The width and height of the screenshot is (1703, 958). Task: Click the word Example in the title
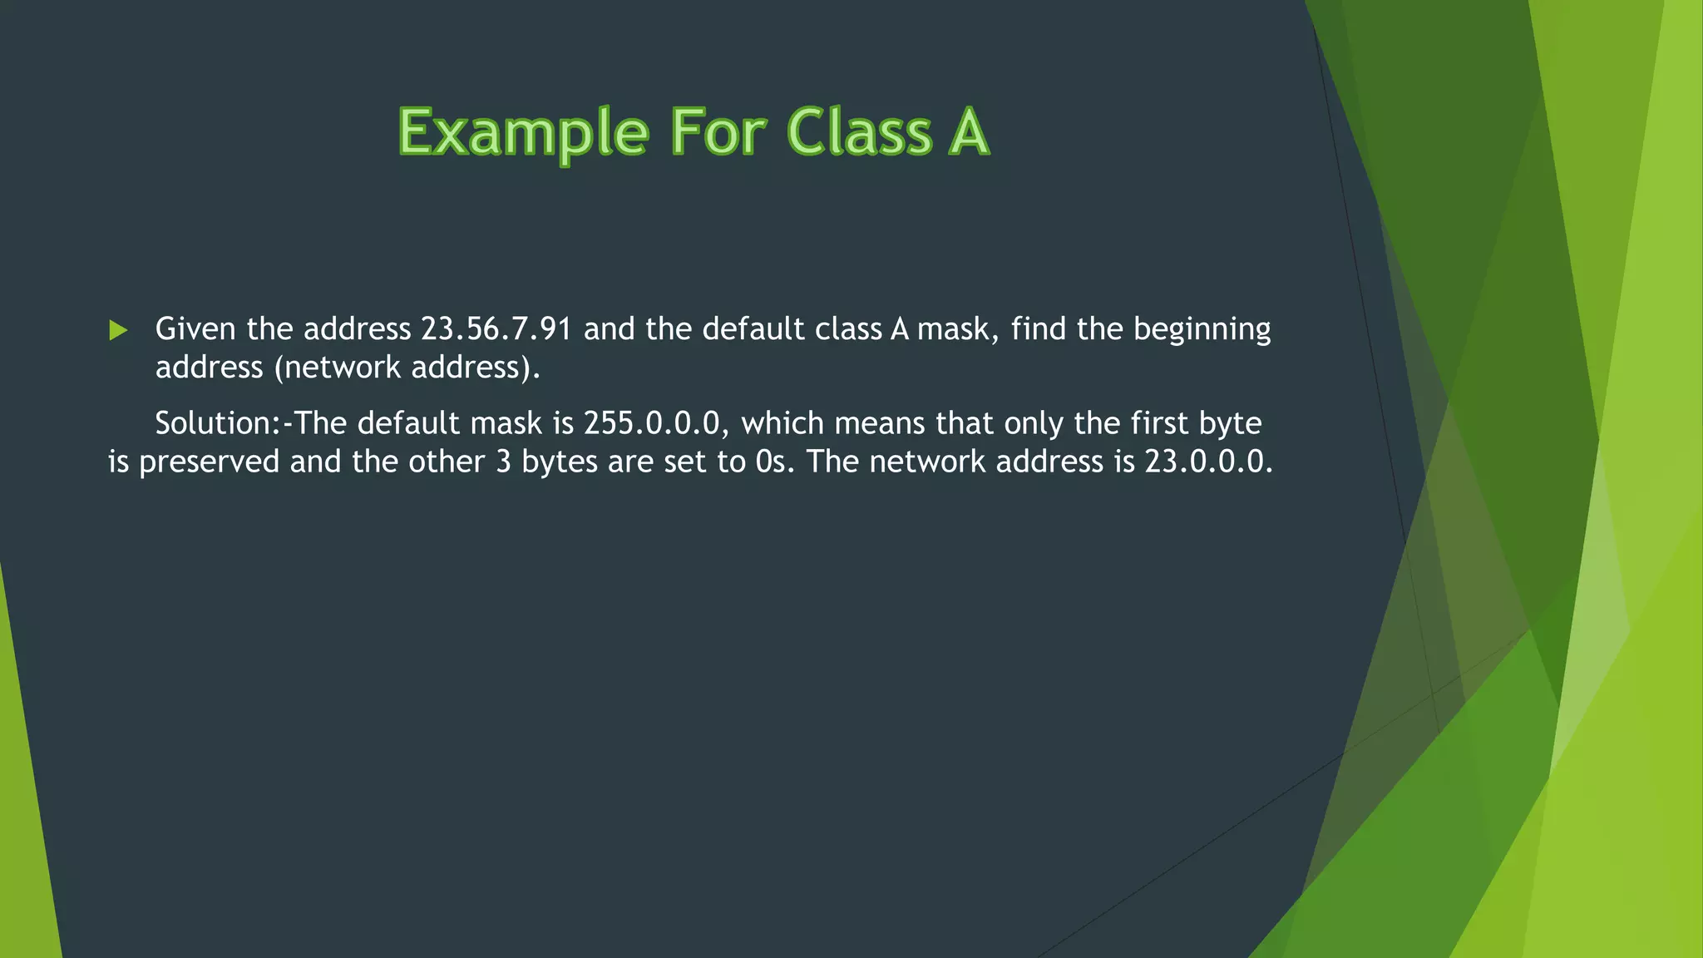click(x=522, y=133)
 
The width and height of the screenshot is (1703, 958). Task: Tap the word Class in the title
click(x=858, y=133)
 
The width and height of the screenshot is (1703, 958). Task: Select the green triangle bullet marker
click(x=118, y=331)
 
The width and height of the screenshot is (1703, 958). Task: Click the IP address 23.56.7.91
click(x=496, y=329)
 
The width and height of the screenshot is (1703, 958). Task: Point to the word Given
click(x=195, y=329)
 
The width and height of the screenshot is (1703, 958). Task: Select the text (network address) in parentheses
click(x=407, y=368)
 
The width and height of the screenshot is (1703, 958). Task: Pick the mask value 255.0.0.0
click(x=651, y=423)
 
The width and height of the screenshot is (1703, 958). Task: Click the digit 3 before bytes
click(x=503, y=462)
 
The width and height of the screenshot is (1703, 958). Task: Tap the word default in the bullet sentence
click(x=753, y=329)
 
